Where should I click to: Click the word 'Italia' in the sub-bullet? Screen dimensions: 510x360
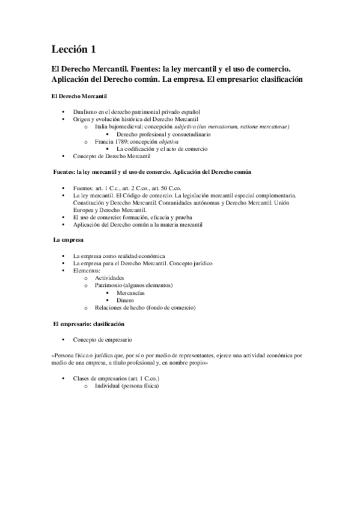[x=102, y=127]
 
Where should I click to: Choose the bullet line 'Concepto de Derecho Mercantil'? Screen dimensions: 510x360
[x=112, y=156]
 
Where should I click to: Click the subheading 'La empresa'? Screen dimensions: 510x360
[x=66, y=241]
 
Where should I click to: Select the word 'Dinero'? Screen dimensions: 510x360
[x=126, y=300]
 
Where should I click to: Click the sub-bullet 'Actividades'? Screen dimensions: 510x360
[x=109, y=278]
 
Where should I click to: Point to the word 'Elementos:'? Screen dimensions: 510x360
[x=87, y=271]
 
